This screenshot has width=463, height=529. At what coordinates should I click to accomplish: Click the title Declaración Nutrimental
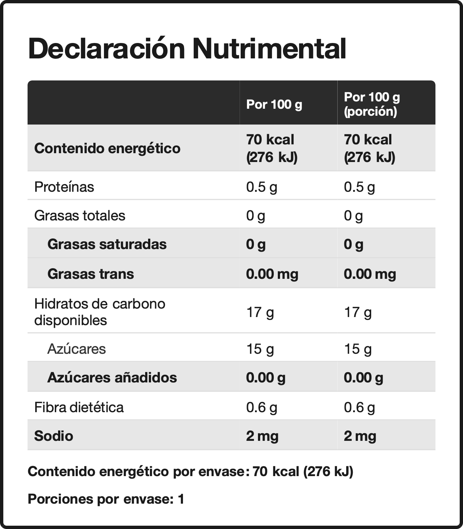[187, 48]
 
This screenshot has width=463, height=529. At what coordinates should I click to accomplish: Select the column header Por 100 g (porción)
[372, 104]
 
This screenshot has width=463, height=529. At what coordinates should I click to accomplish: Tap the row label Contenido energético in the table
[107, 148]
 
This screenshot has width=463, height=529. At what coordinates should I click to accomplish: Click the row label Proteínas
[64, 187]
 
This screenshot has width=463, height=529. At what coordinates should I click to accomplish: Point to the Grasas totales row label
[80, 215]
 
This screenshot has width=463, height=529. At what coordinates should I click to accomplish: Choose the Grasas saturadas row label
[107, 244]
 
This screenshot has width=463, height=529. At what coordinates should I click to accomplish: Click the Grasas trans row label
[91, 274]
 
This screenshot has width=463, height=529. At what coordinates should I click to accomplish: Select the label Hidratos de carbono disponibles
[100, 312]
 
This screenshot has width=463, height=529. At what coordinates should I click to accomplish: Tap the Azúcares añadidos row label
[112, 377]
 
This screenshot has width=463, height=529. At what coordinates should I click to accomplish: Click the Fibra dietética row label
[79, 407]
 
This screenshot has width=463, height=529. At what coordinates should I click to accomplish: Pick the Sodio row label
[54, 436]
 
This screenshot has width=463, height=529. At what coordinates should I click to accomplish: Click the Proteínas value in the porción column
[359, 187]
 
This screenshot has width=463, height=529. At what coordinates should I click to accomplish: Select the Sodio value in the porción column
[360, 436]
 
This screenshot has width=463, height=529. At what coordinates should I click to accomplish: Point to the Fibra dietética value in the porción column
[359, 408]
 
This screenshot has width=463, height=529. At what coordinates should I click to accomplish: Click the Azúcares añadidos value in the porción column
[363, 378]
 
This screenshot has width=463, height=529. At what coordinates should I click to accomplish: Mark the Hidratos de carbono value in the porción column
[358, 312]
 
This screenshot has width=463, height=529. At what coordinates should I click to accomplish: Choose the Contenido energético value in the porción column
[369, 148]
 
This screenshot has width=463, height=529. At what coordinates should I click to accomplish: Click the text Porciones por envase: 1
[106, 499]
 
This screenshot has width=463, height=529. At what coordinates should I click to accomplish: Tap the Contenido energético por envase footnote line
[190, 471]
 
